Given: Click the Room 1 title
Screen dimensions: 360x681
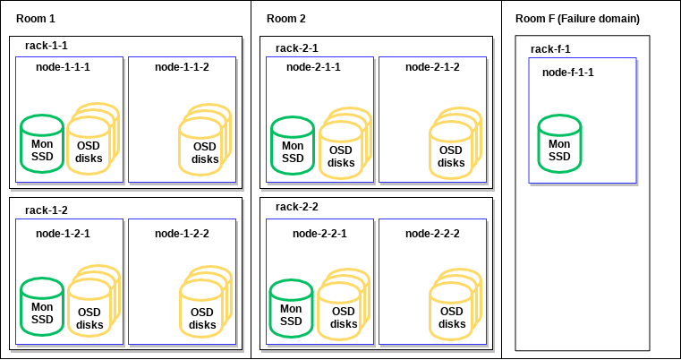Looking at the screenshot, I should coord(36,19).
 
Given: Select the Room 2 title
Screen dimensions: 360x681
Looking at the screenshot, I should coord(286,19).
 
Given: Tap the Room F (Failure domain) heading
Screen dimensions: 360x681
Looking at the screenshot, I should coord(577,19).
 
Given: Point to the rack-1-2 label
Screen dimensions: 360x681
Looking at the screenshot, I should coord(47,210).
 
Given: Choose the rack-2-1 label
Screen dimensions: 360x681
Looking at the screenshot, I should coord(297,47).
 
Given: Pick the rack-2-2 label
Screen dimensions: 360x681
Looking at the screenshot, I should coord(297,207).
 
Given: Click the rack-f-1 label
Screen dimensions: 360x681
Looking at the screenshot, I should coord(550,49).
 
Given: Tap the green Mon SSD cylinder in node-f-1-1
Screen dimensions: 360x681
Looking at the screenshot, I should coord(559,144).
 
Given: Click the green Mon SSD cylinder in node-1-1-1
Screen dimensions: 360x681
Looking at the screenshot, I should coord(42,144).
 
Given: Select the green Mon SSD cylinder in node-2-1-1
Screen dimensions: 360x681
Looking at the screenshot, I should coord(293,146).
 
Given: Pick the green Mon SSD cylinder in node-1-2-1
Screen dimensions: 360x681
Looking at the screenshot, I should coord(42,307).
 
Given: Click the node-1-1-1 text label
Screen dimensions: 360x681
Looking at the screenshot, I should coord(63,67).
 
